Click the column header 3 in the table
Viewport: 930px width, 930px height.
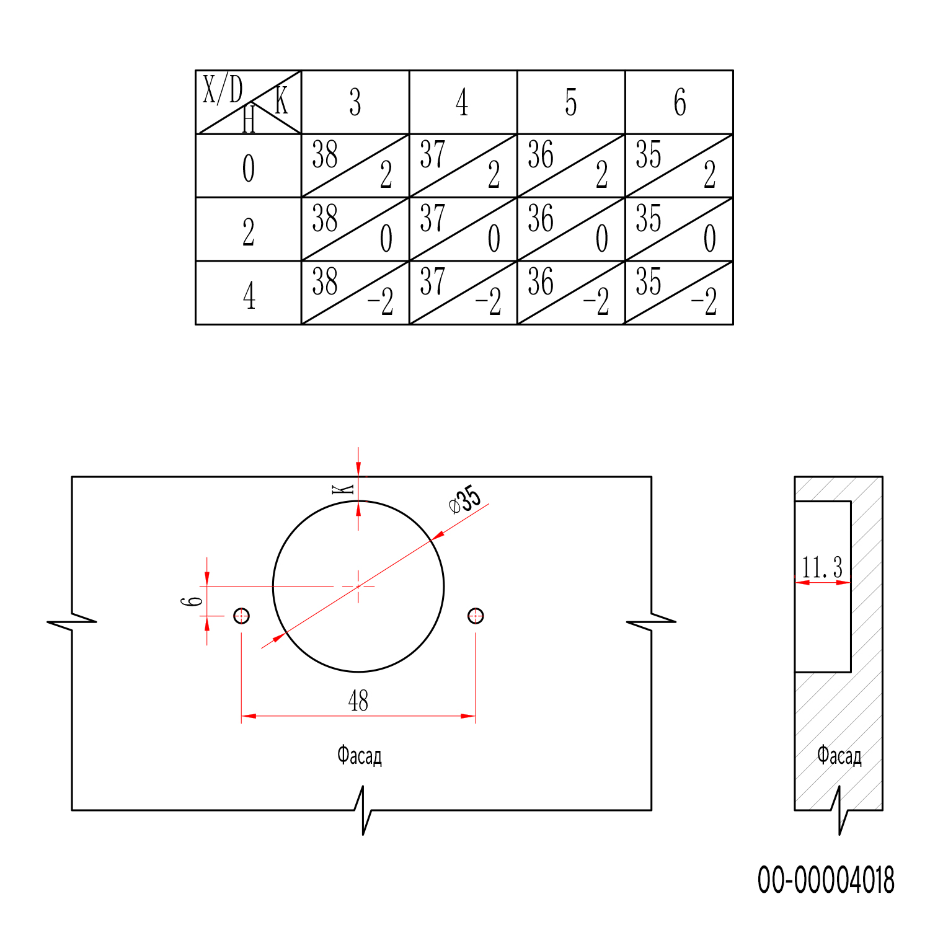(355, 102)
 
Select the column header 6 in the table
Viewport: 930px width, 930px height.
(680, 102)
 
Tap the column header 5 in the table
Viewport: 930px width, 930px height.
(571, 102)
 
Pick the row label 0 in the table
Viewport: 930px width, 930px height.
(248, 168)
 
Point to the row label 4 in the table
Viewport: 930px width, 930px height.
(249, 296)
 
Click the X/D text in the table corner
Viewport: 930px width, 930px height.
(223, 89)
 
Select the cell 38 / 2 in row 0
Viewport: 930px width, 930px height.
(355, 166)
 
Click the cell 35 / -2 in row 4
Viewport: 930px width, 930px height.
(679, 293)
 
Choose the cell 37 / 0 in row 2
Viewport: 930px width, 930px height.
(463, 229)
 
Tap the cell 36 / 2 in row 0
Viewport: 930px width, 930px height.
(571, 166)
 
